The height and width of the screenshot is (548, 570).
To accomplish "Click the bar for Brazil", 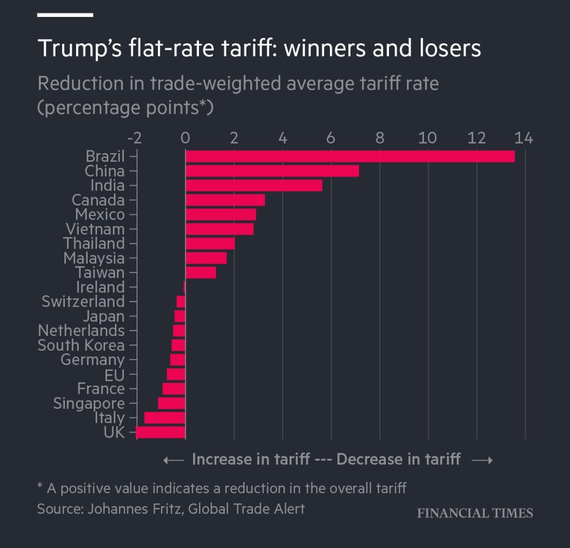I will point(350,157).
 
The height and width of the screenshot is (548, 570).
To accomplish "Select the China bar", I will point(272,171).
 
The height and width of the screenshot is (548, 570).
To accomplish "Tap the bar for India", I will point(254,186).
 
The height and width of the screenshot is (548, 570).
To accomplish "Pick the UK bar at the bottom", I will point(160,432).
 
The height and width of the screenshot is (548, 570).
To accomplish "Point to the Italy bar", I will point(165,418).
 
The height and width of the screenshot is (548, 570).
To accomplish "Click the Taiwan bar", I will point(201,273).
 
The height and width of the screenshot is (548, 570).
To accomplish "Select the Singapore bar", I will point(172,403).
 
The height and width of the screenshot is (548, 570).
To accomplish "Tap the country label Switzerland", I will point(83,302).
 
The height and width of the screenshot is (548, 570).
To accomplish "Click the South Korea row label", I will point(81,345).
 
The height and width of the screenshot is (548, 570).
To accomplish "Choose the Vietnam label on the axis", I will point(95,229).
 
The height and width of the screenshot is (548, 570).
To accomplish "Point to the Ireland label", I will point(100,287).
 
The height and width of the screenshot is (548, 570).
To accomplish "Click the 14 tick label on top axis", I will point(525,139).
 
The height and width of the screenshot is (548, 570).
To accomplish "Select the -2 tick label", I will point(135,139).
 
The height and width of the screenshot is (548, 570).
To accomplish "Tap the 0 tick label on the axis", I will point(185,139).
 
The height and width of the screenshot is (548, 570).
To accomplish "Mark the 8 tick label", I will point(379,139).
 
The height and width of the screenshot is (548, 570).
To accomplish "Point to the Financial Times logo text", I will point(474,513).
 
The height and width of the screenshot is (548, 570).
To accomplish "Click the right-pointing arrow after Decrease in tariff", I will point(481,460).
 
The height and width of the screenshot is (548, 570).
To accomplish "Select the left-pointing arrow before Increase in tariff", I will point(174,460).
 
